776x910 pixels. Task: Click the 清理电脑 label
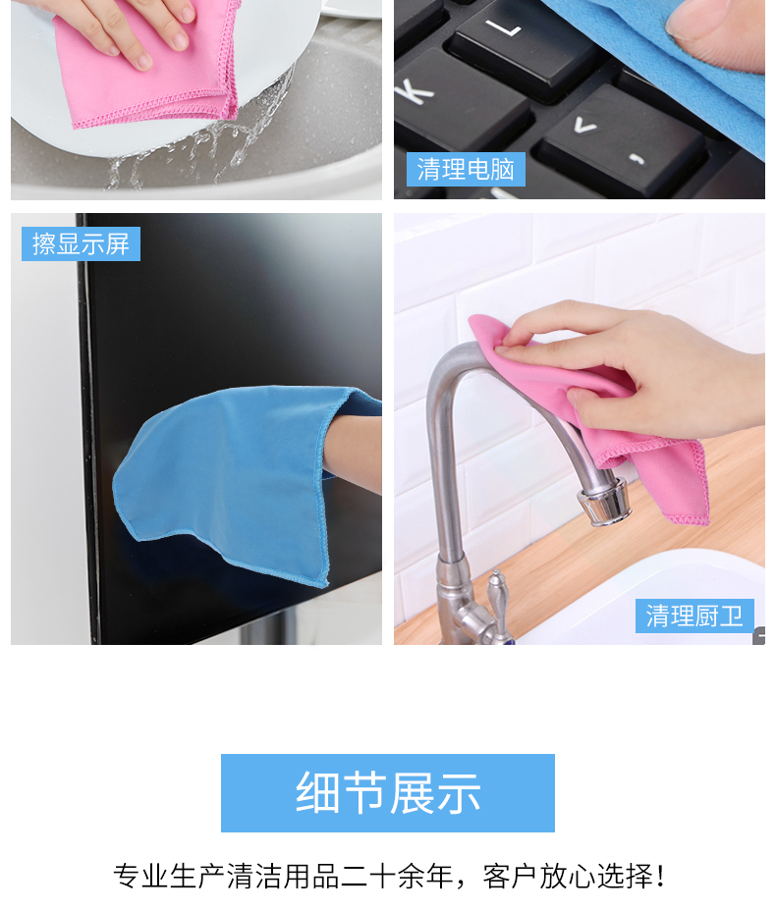[x=466, y=170]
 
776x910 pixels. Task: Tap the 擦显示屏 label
[x=81, y=243]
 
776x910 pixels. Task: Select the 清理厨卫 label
[x=694, y=616]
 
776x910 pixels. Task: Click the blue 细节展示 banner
[x=387, y=793]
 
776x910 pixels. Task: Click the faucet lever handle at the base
[x=497, y=598]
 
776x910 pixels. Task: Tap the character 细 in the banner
[x=317, y=793]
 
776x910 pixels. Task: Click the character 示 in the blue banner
[x=459, y=793]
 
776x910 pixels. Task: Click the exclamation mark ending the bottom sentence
[x=660, y=876]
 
